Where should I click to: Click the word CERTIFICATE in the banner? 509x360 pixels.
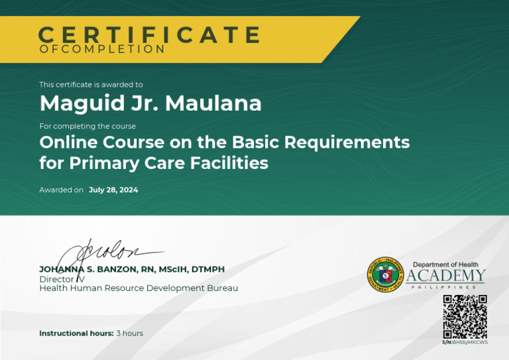click(149, 34)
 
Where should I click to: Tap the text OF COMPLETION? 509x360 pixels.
click(102, 49)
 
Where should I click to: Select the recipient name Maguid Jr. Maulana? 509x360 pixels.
click(150, 103)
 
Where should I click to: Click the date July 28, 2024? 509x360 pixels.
click(113, 190)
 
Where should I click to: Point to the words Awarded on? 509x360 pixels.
click(61, 190)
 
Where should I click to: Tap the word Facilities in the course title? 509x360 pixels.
click(229, 162)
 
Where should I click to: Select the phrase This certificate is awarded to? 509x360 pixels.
click(91, 84)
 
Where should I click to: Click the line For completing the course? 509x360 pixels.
click(87, 126)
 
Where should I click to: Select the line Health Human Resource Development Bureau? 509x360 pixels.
click(139, 288)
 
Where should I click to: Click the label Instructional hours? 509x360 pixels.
click(76, 333)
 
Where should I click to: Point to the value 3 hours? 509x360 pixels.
click(130, 333)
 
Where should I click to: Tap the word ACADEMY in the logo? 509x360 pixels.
click(445, 276)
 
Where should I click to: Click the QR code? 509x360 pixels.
click(465, 317)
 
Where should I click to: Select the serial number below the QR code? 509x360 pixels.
click(465, 342)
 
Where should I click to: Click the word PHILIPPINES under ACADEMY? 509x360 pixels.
click(445, 287)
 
